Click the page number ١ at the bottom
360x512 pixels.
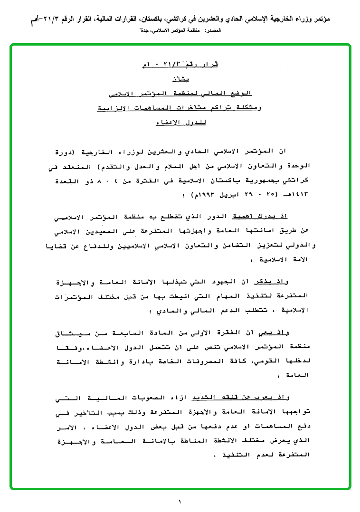tap(180, 502)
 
